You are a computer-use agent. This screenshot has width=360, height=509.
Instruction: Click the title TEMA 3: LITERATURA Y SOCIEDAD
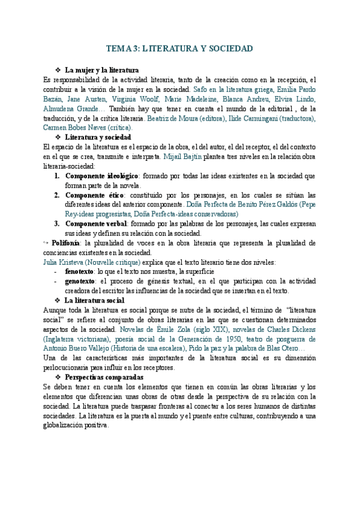[179, 49]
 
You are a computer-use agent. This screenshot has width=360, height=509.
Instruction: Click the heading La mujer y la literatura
[101, 70]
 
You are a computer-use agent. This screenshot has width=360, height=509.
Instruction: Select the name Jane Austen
[84, 100]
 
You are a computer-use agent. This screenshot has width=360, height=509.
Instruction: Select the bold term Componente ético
[93, 195]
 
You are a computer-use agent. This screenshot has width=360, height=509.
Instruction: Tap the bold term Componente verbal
[95, 224]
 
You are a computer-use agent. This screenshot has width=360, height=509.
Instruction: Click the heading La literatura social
[94, 300]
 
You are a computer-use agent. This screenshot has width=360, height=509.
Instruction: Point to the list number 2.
[56, 195]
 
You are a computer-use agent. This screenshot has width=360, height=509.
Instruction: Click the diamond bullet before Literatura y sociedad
[58, 137]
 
